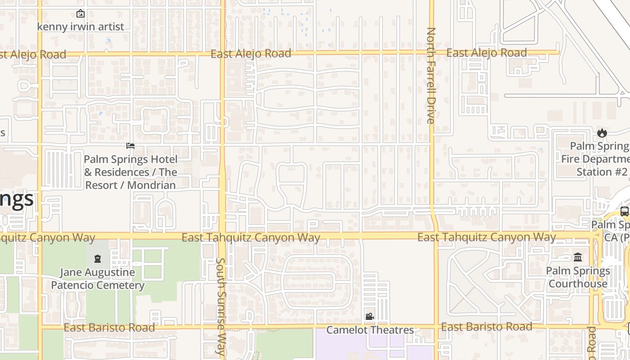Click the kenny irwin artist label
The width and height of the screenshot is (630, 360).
(x=80, y=27)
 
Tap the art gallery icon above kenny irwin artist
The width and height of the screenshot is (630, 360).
(x=80, y=14)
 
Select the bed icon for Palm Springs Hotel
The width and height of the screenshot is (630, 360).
(x=130, y=146)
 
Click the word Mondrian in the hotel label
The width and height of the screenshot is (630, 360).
(x=152, y=185)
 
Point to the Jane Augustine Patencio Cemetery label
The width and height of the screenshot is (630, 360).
(x=98, y=279)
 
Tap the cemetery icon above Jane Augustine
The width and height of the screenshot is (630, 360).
(x=98, y=259)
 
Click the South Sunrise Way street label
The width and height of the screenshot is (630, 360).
(x=220, y=307)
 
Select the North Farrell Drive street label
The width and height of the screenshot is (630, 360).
(x=431, y=76)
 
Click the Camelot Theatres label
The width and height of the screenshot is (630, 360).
(x=370, y=330)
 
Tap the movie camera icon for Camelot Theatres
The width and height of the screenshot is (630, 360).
(x=369, y=317)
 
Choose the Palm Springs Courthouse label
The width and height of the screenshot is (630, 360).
(x=578, y=277)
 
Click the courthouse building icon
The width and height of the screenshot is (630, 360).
(x=578, y=257)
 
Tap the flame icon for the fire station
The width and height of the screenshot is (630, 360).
(x=602, y=133)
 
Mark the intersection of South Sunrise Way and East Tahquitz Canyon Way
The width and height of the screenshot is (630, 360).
(x=222, y=236)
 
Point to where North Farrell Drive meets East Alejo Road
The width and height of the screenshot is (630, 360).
(x=431, y=53)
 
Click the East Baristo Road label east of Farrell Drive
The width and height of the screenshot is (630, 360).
(x=486, y=327)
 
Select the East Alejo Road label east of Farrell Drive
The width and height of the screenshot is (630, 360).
(x=486, y=53)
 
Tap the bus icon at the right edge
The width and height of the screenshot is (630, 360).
(x=625, y=211)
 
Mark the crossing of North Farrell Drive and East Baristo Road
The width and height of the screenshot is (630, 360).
(x=436, y=326)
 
